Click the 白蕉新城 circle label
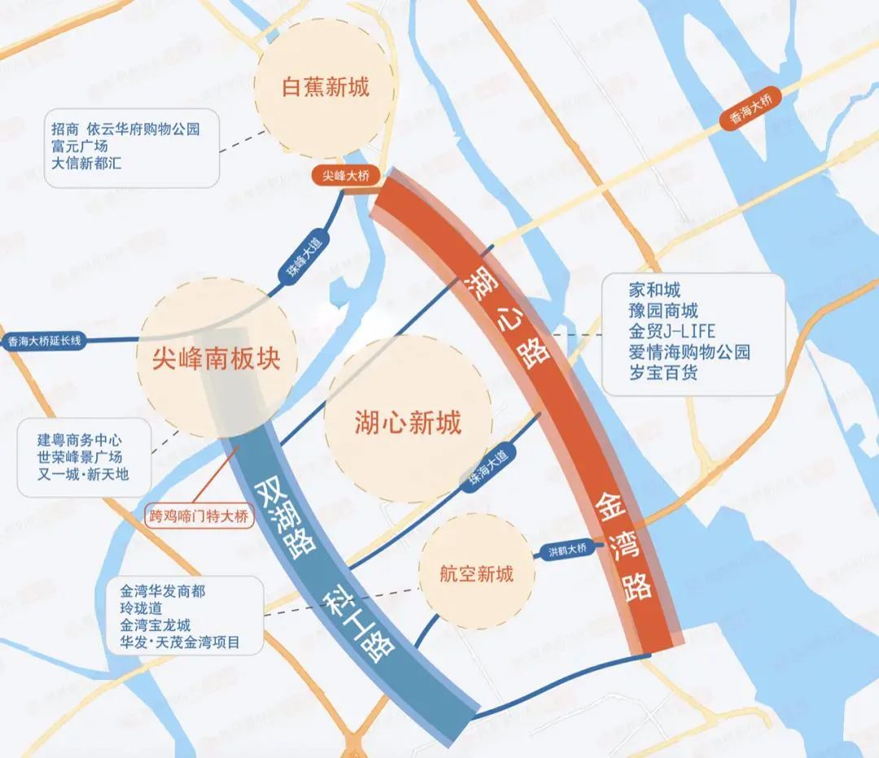coord(326,87)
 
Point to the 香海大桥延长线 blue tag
coord(46,342)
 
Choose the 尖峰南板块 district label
coord(216,359)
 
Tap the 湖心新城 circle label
coord(408,422)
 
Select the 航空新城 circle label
coord(477,573)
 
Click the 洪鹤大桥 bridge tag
coord(567,551)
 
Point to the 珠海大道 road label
coord(488,468)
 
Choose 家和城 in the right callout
coord(654,290)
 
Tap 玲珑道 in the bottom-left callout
coord(141,608)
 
